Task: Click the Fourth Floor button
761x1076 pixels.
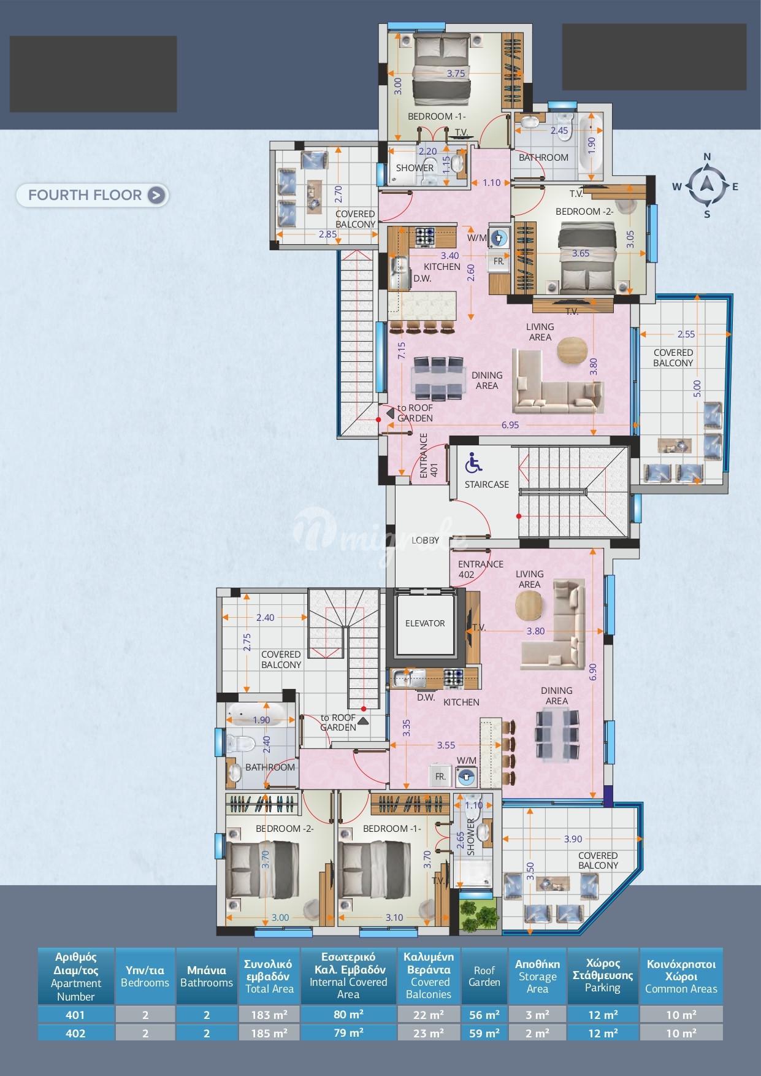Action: [92, 195]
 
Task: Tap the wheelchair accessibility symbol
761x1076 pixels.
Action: [473, 463]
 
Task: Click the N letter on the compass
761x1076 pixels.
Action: [706, 157]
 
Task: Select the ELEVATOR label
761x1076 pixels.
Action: [425, 623]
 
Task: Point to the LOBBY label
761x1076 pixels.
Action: [426, 540]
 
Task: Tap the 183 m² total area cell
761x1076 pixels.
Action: [269, 1015]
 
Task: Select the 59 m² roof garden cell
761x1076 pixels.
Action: [484, 1034]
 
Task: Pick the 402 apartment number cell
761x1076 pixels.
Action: [75, 1034]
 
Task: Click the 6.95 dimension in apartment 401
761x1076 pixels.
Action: [510, 425]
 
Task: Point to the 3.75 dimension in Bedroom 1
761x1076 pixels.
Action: [456, 74]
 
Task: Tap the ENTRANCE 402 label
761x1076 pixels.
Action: [480, 569]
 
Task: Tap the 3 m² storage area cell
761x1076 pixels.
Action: [537, 1015]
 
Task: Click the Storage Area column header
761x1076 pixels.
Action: [537, 976]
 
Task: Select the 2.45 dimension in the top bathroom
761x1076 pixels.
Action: [559, 131]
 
